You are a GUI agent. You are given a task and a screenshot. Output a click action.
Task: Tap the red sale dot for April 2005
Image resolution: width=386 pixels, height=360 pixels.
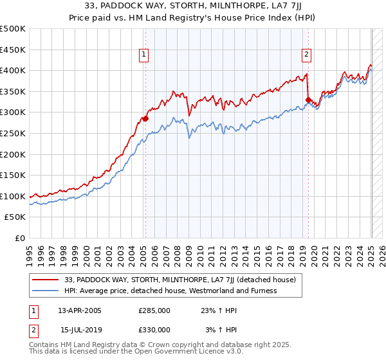point(145,118)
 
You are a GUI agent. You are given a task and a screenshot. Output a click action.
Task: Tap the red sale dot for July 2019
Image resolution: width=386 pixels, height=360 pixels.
point(308,100)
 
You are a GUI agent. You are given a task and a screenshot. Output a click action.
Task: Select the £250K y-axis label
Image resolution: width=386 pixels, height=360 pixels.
point(13,134)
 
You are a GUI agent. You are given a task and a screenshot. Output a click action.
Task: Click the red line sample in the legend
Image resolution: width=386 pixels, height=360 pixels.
point(46,280)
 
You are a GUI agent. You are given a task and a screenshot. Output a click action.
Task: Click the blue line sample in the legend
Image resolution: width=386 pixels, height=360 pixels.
point(46,291)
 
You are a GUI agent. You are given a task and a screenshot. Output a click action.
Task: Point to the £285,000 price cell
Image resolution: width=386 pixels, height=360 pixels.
point(154,310)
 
